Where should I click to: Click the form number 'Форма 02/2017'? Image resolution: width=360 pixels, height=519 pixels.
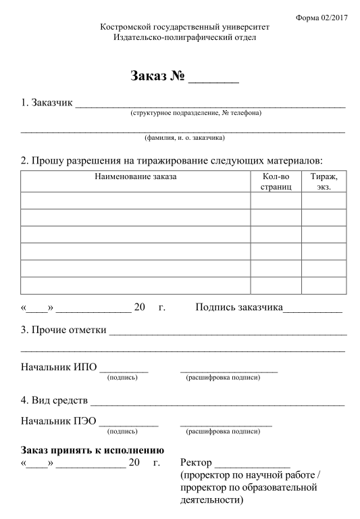[322, 16]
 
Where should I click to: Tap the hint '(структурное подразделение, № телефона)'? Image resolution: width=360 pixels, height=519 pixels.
[196, 113]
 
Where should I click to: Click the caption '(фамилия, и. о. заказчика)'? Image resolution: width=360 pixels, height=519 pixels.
[184, 138]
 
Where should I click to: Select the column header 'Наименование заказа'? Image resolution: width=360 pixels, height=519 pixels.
[136, 176]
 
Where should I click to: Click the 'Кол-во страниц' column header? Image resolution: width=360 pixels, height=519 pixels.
[275, 182]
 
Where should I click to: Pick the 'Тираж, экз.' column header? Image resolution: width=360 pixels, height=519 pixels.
[324, 182]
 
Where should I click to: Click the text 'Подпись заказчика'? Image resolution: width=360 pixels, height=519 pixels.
[239, 307]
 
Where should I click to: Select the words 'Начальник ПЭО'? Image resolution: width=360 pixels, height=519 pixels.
[59, 422]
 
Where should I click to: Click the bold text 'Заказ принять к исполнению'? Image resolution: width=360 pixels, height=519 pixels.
[93, 450]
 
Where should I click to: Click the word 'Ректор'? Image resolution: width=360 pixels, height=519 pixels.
[197, 463]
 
